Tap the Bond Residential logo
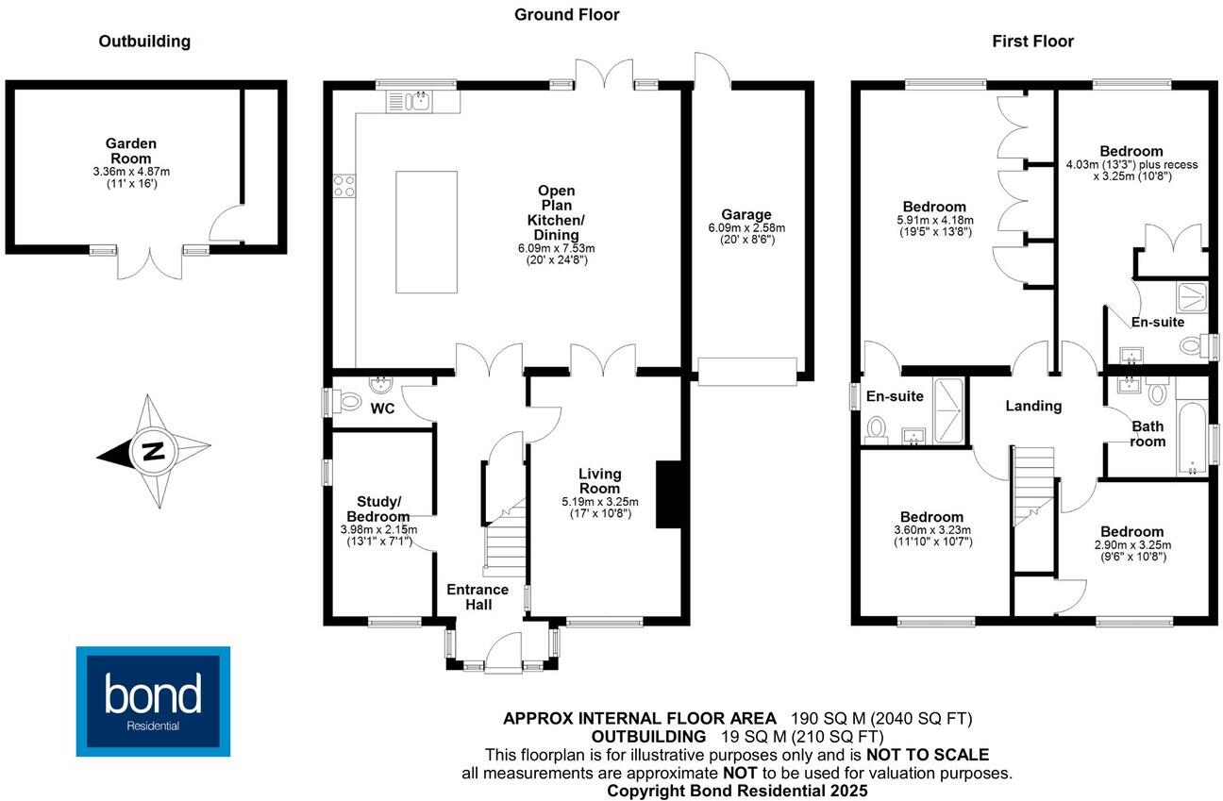coord(153,700)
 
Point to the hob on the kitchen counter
coord(343,187)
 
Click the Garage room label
coord(746,214)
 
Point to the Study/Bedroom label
coord(382,509)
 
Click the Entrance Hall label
coord(477,597)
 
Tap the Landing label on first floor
coord(1032,406)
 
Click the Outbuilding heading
coord(144,42)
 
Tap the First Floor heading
coord(1032,42)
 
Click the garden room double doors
coord(150,264)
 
